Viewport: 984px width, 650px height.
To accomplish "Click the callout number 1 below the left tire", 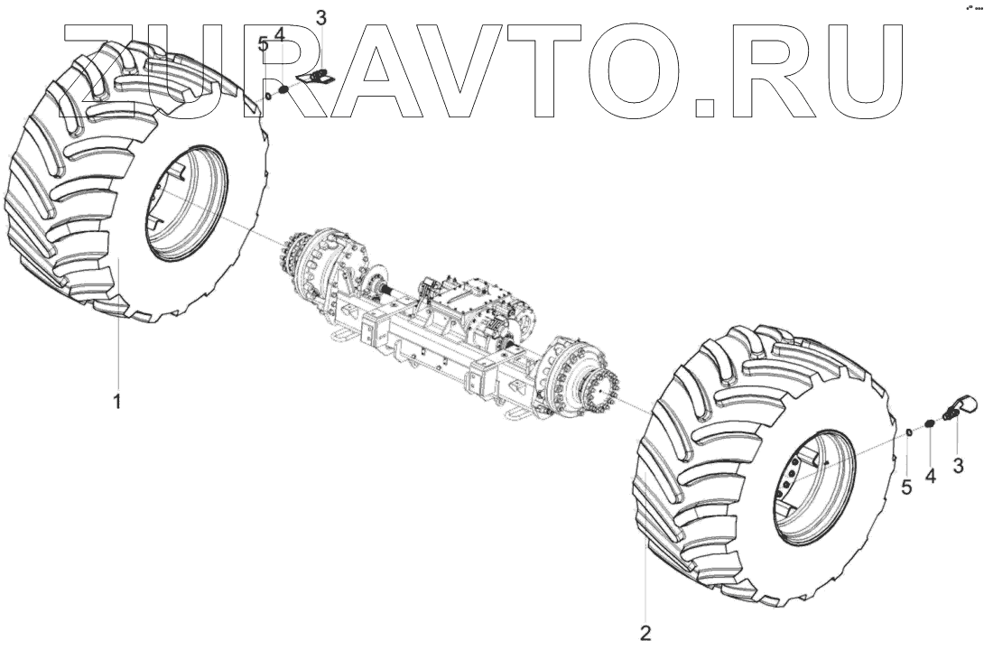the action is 116,400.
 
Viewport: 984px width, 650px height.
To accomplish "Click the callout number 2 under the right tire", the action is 645,633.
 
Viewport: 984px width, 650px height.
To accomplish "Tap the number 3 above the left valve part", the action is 321,17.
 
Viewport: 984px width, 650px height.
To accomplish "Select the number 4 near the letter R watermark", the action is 279,34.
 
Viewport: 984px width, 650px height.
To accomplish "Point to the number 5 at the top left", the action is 264,44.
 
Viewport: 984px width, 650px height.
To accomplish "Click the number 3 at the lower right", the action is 958,466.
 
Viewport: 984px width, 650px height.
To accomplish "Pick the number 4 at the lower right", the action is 930,476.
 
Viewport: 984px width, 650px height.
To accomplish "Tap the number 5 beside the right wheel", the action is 906,487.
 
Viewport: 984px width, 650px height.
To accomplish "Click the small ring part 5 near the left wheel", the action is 267,96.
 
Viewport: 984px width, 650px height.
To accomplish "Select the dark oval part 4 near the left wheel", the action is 283,89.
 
